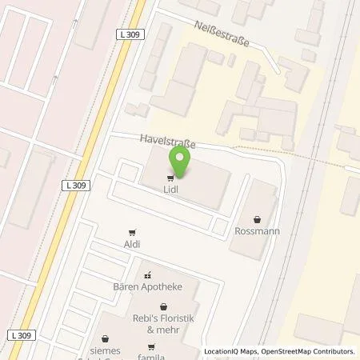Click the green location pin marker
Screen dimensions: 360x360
click(x=180, y=163)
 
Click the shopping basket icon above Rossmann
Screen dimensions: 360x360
click(x=257, y=219)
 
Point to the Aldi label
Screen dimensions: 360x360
click(x=133, y=243)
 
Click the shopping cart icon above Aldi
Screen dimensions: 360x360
click(x=133, y=230)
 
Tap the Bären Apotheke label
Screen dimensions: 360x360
click(x=147, y=286)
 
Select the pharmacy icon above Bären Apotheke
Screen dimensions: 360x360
click(x=147, y=274)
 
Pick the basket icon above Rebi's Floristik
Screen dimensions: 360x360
click(x=163, y=306)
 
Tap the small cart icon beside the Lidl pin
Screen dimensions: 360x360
click(x=170, y=178)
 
